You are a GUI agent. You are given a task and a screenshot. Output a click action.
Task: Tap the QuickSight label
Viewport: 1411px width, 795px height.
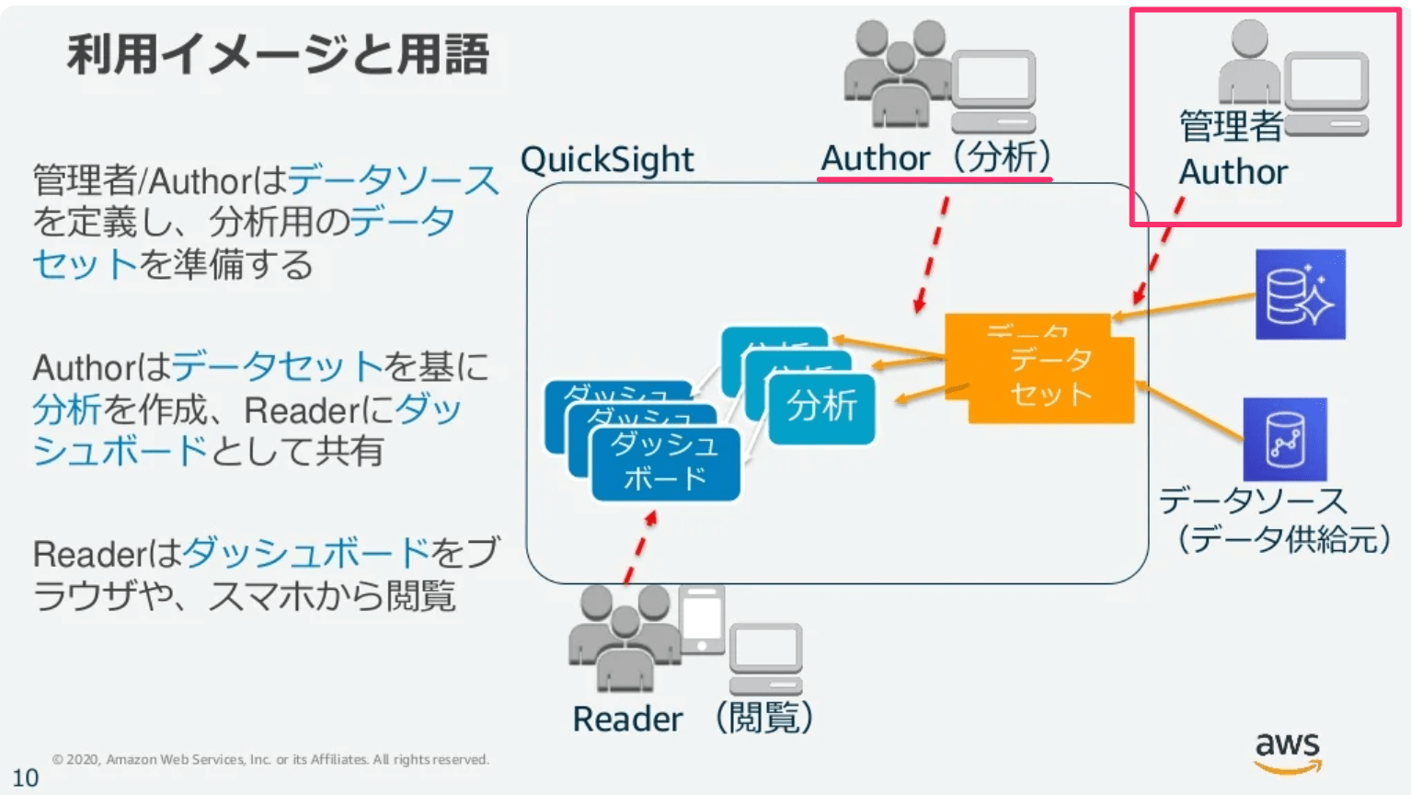click(607, 159)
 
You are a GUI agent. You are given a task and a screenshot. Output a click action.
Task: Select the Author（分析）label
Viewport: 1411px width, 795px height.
click(935, 157)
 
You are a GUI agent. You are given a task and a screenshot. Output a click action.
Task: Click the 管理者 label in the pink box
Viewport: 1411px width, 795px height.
click(1230, 126)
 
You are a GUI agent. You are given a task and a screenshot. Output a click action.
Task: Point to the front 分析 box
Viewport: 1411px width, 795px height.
click(821, 407)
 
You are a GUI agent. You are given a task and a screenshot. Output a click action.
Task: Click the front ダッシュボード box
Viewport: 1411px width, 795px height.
click(665, 463)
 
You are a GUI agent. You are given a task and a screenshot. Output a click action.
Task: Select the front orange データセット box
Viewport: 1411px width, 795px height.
click(1050, 379)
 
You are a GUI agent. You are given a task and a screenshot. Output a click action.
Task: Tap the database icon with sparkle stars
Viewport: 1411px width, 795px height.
click(1300, 294)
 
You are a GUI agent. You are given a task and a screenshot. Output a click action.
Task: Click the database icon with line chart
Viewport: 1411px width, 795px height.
click(1284, 439)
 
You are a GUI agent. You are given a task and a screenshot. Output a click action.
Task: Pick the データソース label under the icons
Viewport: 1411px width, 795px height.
click(1253, 501)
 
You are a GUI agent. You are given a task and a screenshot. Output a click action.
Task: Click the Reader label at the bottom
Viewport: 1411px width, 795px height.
click(627, 719)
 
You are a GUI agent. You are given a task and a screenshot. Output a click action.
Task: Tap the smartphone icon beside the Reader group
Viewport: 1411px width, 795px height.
click(703, 618)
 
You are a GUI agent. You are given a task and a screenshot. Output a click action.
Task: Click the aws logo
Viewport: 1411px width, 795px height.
click(1288, 751)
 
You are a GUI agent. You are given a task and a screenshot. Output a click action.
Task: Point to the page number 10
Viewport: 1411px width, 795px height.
click(25, 778)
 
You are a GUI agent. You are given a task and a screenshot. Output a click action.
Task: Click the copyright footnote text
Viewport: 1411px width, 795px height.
click(270, 759)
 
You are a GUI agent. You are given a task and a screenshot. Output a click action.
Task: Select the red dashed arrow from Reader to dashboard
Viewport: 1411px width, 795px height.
click(639, 549)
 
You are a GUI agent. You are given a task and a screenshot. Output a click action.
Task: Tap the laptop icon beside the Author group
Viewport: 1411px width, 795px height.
click(993, 91)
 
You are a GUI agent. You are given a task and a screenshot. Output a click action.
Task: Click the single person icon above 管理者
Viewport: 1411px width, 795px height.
click(1248, 63)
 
